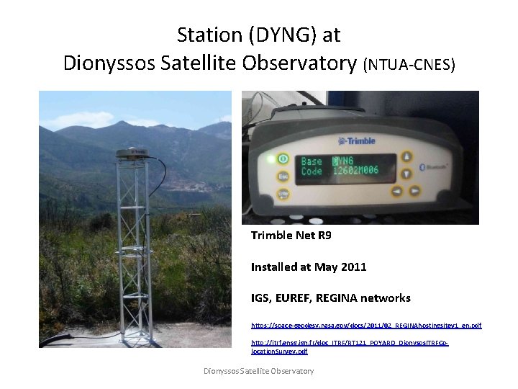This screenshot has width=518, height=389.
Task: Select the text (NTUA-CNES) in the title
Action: click(x=409, y=65)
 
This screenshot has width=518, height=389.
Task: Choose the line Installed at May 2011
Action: click(x=309, y=267)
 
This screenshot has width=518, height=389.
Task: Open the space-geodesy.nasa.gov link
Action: click(x=366, y=326)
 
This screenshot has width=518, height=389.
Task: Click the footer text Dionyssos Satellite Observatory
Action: click(x=258, y=370)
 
